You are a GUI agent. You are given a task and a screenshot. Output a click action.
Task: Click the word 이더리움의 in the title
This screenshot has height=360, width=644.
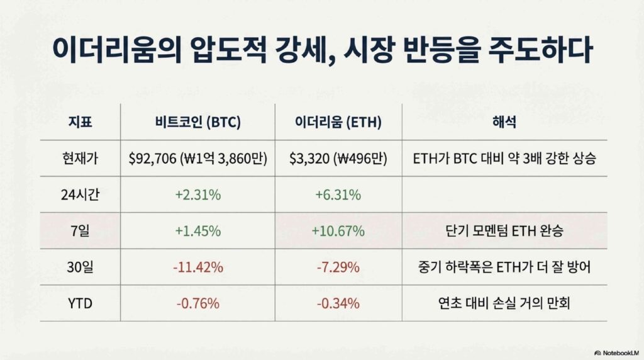pos(117,50)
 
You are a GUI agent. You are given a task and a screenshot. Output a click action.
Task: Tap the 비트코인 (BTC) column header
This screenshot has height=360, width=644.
pos(198,122)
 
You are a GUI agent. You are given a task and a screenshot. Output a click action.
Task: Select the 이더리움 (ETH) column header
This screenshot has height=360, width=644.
pos(338,122)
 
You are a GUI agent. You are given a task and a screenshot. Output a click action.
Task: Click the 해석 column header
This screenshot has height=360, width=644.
pos(504,122)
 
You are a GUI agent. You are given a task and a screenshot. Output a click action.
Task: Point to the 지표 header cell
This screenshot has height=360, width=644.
pos(80,122)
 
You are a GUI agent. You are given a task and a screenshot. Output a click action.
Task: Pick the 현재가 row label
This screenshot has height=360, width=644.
pos(80,158)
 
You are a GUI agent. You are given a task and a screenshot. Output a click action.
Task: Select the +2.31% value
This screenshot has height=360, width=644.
pos(198,194)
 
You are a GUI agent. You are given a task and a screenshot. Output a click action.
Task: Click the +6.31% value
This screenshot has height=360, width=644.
pos(338,194)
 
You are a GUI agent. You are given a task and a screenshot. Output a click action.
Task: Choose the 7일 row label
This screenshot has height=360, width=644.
pos(80,231)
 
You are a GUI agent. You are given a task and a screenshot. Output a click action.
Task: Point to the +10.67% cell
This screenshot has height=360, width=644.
pos(338,231)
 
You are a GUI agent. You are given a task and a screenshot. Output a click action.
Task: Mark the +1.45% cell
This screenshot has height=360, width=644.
pos(198,231)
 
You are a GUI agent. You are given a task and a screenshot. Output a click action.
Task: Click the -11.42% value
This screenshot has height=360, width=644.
pos(198,267)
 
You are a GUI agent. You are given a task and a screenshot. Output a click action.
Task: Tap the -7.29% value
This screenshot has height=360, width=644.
pos(338,267)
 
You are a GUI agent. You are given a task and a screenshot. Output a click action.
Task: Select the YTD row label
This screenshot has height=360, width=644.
pos(80,303)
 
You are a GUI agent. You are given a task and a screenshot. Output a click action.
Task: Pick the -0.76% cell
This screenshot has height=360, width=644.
pos(198,303)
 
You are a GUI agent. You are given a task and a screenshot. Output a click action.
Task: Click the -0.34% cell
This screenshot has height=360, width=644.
pos(338,303)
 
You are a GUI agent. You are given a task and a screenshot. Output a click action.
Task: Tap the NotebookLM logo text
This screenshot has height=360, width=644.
pos(620,353)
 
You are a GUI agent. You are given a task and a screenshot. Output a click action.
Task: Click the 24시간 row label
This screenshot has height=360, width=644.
pos(80,194)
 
